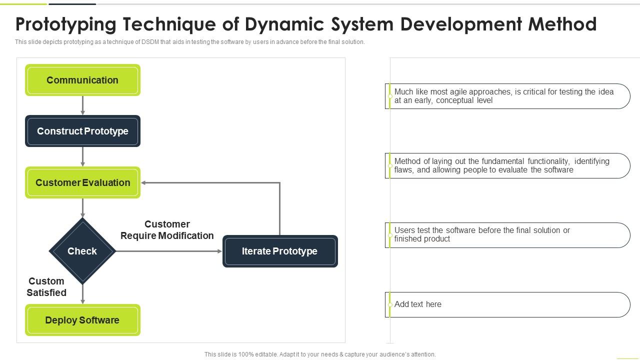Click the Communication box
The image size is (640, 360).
(82, 80)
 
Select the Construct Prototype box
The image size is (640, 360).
(82, 131)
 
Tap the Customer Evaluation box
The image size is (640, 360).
(82, 182)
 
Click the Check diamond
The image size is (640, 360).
(82, 251)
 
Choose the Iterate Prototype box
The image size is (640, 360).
(279, 251)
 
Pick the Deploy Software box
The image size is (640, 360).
(82, 320)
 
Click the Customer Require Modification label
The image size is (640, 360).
(167, 230)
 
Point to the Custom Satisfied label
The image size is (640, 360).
(46, 287)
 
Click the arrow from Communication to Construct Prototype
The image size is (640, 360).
(82, 105)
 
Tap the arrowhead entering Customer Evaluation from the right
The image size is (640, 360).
(144, 182)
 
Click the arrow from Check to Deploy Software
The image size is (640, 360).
(82, 294)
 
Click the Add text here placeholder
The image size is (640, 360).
(418, 304)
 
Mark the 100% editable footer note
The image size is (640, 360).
(320, 354)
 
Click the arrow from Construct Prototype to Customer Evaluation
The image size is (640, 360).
(82, 156)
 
